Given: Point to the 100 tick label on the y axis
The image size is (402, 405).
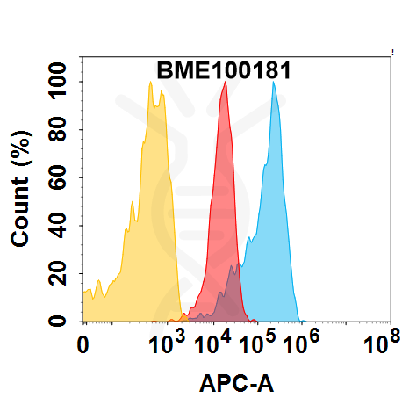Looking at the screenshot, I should [x=60, y=82].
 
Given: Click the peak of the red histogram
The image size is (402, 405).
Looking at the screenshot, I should [x=226, y=83].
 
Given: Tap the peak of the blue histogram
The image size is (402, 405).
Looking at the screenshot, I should [x=275, y=83].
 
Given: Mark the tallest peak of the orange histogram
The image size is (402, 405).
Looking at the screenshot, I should [x=151, y=84].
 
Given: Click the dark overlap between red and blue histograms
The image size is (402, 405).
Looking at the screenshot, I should [x=232, y=294].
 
